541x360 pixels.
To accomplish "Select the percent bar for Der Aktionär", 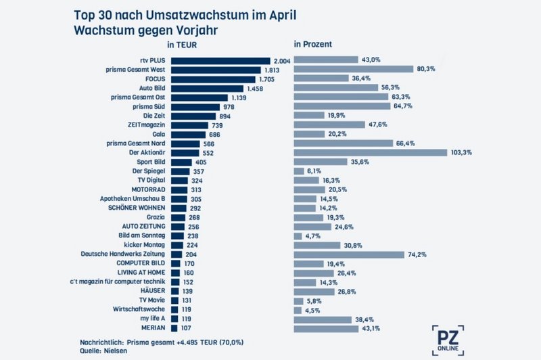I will [371, 153].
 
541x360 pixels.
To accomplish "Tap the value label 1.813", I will [273, 70].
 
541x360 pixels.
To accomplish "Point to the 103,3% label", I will [461, 153].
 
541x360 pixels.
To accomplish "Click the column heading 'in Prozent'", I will [312, 45].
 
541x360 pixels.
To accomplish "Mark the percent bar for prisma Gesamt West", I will [354, 70].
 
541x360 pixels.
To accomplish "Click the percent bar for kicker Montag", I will [318, 244].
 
